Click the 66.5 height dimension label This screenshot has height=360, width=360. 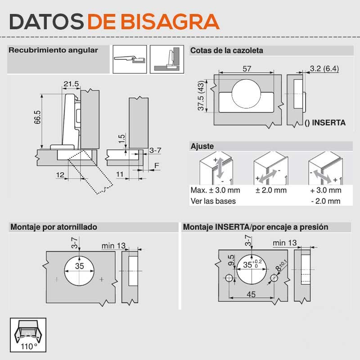tap(37, 117)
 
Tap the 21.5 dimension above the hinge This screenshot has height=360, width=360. tap(71, 84)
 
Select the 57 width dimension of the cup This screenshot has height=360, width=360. tap(247, 69)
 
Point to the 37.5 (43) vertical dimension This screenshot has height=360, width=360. tap(201, 95)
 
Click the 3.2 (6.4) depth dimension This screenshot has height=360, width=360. tap(324, 68)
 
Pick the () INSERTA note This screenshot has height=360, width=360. tap(325, 122)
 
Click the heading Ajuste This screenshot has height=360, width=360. tap(202, 146)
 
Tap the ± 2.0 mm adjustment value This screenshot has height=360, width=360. tap(271, 190)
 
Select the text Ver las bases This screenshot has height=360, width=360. tap(213, 201)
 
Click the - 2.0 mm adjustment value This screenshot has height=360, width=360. tap(325, 201)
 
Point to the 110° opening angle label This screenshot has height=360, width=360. tap(29, 346)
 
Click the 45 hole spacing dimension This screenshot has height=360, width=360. tap(251, 294)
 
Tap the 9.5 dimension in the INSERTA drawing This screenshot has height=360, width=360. tap(231, 261)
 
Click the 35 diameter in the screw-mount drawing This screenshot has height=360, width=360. tap(80, 266)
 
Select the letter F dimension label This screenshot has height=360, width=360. tap(157, 166)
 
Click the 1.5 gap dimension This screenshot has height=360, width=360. tap(121, 139)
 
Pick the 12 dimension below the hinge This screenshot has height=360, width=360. tap(60, 175)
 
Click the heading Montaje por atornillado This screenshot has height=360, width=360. tap(54, 227)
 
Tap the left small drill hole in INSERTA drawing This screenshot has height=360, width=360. tap(229, 278)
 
